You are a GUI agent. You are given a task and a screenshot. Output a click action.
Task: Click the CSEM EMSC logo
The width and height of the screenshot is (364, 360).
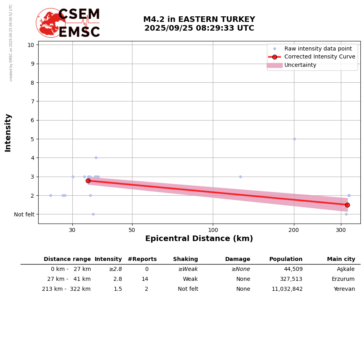pos(68,23)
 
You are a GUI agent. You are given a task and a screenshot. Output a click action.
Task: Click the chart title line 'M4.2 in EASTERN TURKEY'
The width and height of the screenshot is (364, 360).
pos(199,19)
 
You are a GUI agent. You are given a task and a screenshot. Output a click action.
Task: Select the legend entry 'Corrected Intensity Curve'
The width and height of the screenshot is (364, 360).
pos(319,57)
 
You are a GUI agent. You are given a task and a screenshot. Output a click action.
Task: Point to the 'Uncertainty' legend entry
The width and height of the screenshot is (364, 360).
pos(300,65)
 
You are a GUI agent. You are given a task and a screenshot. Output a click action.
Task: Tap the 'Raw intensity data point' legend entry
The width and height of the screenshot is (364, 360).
pos(318,49)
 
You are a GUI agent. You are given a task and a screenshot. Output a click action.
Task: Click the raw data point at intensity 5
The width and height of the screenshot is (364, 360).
pos(294,139)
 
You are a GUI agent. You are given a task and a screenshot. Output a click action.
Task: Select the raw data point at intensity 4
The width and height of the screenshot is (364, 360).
pos(96,158)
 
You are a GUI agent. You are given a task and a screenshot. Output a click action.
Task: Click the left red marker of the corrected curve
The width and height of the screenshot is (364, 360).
pos(88,181)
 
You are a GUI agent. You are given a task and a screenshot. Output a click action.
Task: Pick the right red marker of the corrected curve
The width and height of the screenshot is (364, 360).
pos(347,205)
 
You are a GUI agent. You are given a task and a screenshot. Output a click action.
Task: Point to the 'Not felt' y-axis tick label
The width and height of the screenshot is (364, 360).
pos(24,214)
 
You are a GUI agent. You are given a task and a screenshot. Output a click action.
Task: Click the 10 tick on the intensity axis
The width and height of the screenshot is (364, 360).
pos(31,45)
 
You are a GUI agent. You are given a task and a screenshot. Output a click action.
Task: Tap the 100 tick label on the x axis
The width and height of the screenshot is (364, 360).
pos(213,230)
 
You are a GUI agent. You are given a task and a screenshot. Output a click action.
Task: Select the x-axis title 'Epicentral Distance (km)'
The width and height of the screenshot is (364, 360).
pos(199,239)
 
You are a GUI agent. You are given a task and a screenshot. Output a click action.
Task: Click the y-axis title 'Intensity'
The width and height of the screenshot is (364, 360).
pos(8,132)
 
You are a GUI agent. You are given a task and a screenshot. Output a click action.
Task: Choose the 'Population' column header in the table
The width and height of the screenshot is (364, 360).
pos(286,259)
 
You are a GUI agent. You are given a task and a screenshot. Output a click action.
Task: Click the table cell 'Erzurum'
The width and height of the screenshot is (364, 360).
pos(343,279)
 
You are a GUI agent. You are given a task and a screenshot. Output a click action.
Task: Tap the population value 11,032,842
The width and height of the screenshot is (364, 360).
pos(287,289)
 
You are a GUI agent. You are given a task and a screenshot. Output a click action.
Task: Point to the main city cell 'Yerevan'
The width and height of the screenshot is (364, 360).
pos(344,289)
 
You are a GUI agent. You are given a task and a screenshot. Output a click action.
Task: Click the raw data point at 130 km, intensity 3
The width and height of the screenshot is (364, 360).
pos(240,177)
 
